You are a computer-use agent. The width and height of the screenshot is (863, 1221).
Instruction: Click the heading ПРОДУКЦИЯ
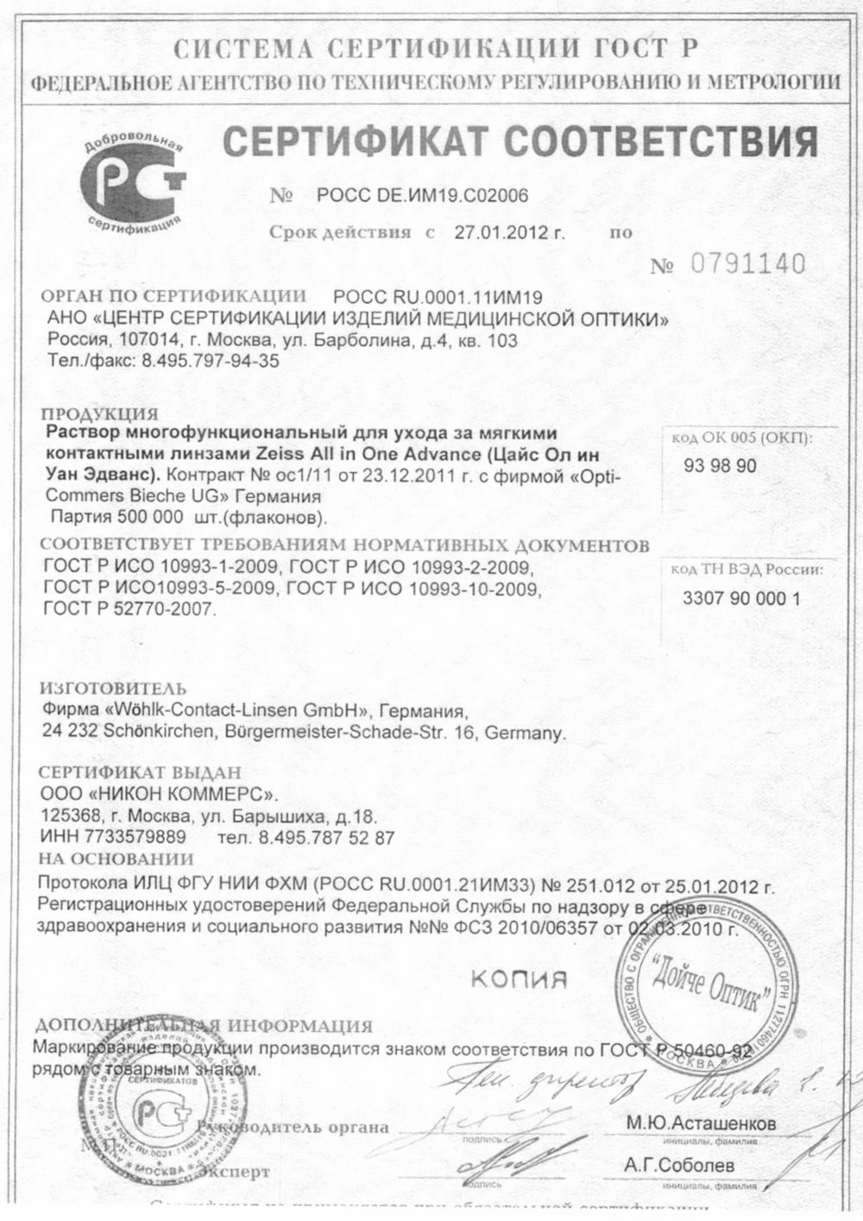click(x=100, y=413)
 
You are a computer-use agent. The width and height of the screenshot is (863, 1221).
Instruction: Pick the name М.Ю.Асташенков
click(x=700, y=1124)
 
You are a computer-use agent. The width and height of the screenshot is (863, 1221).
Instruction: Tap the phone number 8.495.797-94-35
click(x=207, y=362)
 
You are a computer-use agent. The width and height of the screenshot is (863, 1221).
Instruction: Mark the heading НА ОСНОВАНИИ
click(x=117, y=859)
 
